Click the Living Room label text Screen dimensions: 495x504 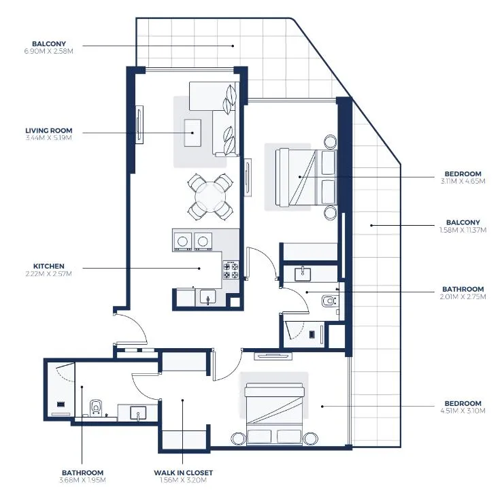tap(48, 130)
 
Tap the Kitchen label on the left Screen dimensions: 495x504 tap(48, 266)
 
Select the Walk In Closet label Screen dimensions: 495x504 tap(182, 473)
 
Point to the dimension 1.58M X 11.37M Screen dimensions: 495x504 tap(463, 230)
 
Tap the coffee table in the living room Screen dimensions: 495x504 tap(193, 132)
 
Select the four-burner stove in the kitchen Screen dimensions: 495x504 tap(231, 271)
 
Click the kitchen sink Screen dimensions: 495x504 tap(207, 296)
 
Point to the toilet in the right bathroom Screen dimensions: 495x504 tap(330, 301)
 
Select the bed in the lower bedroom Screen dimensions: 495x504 tap(275, 412)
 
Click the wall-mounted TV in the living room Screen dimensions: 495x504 tap(139, 125)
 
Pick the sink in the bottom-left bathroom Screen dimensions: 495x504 tap(137, 412)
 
